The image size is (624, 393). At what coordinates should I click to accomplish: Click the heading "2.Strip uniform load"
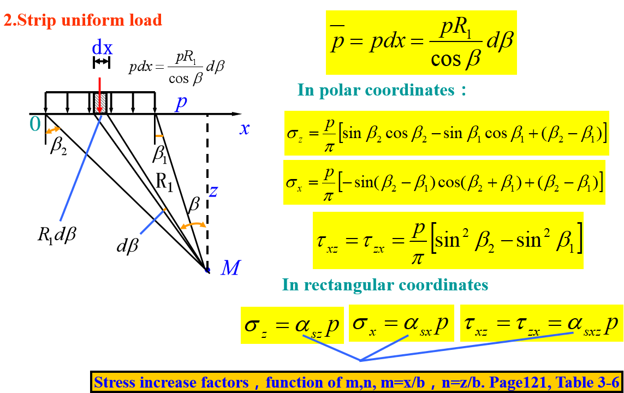pyautogui.click(x=83, y=21)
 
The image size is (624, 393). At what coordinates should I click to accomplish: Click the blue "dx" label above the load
pyautogui.click(x=102, y=49)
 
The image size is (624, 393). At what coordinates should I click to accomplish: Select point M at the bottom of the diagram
pyautogui.click(x=207, y=270)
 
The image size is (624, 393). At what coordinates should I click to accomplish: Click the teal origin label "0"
pyautogui.click(x=35, y=125)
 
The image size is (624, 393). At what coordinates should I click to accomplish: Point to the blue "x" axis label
pyautogui.click(x=245, y=129)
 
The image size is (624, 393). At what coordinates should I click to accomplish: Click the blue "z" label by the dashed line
pyautogui.click(x=214, y=191)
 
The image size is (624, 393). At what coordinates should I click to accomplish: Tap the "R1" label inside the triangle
pyautogui.click(x=164, y=182)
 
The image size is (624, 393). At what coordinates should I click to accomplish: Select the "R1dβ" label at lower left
pyautogui.click(x=57, y=235)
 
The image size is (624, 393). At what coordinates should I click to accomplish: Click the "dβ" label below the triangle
pyautogui.click(x=127, y=246)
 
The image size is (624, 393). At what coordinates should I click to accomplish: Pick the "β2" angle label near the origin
pyautogui.click(x=58, y=147)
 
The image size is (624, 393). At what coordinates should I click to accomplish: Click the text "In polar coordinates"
pyautogui.click(x=382, y=90)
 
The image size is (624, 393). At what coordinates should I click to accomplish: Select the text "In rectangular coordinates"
pyautogui.click(x=385, y=284)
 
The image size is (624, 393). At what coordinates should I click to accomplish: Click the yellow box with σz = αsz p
pyautogui.click(x=292, y=325)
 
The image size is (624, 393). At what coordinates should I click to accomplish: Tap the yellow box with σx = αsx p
pyautogui.click(x=401, y=323)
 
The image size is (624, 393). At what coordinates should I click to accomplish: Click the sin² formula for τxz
pyautogui.click(x=448, y=241)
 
